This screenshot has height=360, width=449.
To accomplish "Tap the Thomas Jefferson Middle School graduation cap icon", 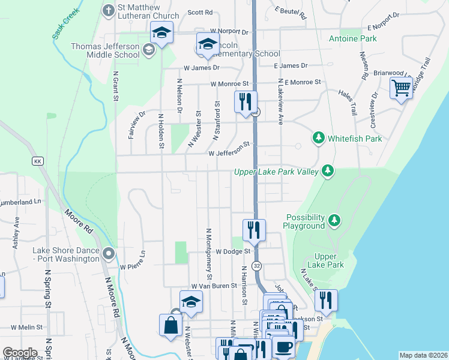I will pyautogui.click(x=161, y=34).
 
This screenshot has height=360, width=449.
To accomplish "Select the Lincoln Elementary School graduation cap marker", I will pyautogui.click(x=208, y=45).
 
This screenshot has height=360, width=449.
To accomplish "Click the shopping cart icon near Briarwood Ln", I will pyautogui.click(x=400, y=89).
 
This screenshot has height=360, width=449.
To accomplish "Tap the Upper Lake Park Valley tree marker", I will pyautogui.click(x=328, y=172).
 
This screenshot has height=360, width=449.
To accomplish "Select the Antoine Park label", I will pyautogui.click(x=352, y=39).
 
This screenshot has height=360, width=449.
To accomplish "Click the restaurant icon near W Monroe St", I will pyautogui.click(x=245, y=101).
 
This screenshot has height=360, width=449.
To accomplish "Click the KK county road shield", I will pyautogui.click(x=37, y=161).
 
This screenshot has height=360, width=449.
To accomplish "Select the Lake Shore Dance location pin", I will pyautogui.click(x=108, y=254).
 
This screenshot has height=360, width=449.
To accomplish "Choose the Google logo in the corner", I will pyautogui.click(x=20, y=353).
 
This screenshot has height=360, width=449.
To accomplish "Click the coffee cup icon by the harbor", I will pyautogui.click(x=284, y=346).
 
